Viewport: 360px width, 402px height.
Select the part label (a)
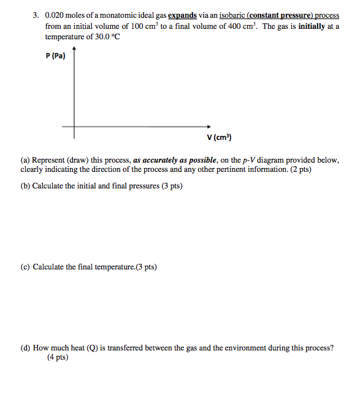[26, 160]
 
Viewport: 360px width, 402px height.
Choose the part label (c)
[26, 267]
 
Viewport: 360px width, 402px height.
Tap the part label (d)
[26, 348]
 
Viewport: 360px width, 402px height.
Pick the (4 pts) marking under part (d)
[58, 357]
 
